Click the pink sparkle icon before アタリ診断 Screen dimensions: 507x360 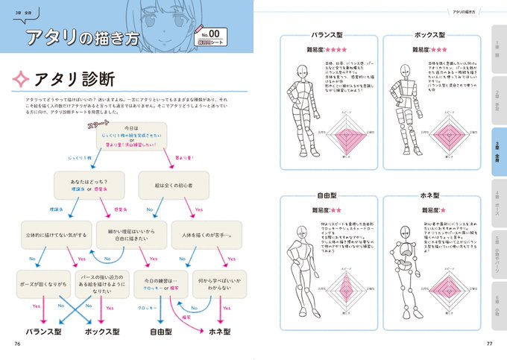pyautogui.click(x=21, y=78)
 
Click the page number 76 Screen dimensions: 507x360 pyautogui.click(x=17, y=344)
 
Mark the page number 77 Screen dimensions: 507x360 pyautogui.click(x=489, y=344)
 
